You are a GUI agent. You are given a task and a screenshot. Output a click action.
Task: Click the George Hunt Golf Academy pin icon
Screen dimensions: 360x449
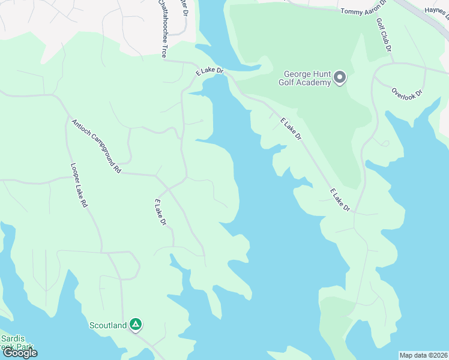[340, 77]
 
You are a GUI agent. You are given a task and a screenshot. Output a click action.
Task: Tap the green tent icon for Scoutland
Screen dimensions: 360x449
[136, 325]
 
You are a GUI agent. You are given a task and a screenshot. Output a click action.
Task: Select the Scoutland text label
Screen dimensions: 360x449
[108, 325]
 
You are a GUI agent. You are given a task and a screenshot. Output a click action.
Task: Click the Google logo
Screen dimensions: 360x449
[20, 353]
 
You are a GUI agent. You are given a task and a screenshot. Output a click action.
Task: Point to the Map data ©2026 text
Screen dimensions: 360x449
[424, 355]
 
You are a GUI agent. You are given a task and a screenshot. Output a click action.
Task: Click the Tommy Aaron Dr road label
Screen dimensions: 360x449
[364, 11]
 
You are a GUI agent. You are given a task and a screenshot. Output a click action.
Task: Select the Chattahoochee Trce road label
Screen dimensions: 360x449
[162, 29]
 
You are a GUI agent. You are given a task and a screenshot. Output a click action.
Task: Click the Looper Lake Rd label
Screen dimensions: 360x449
[79, 185]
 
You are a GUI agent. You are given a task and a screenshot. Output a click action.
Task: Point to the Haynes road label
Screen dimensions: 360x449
[436, 10]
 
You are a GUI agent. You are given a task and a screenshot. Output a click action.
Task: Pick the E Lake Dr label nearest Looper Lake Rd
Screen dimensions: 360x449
[160, 212]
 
